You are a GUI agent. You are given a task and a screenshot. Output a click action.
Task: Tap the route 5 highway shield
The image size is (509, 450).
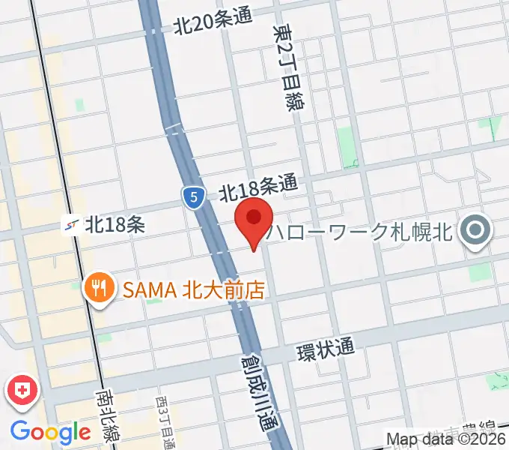(193, 198)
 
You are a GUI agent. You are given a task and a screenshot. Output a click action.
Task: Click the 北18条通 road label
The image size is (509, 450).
(258, 187)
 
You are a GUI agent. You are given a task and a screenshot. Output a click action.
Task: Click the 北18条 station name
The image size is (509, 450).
(115, 223)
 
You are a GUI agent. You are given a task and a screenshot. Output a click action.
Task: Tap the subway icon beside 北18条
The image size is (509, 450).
(72, 223)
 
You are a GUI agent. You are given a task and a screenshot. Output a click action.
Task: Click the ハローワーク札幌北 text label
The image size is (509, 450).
(362, 230)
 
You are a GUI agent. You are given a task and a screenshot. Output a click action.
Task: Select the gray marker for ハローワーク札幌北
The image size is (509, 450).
(475, 230)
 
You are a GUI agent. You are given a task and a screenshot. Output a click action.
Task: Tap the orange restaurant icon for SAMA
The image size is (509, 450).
(98, 288)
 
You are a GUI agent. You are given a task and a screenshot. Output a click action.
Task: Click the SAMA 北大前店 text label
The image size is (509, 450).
(194, 289)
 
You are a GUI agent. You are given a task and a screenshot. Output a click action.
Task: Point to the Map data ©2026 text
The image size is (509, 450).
(446, 439)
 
